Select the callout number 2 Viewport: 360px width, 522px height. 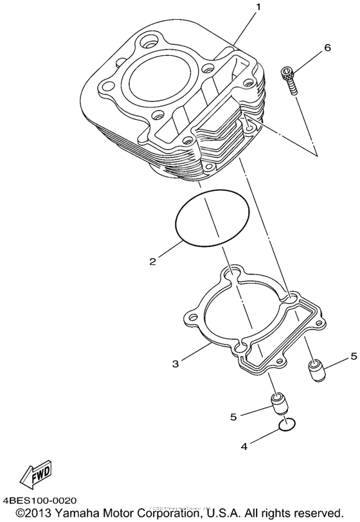tap(153, 261)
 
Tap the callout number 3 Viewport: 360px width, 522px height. tap(175, 364)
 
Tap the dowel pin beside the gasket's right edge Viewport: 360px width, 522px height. tap(314, 372)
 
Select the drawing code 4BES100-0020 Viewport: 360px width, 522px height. tap(40, 500)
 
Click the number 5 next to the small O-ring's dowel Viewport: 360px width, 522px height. tap(233, 417)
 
